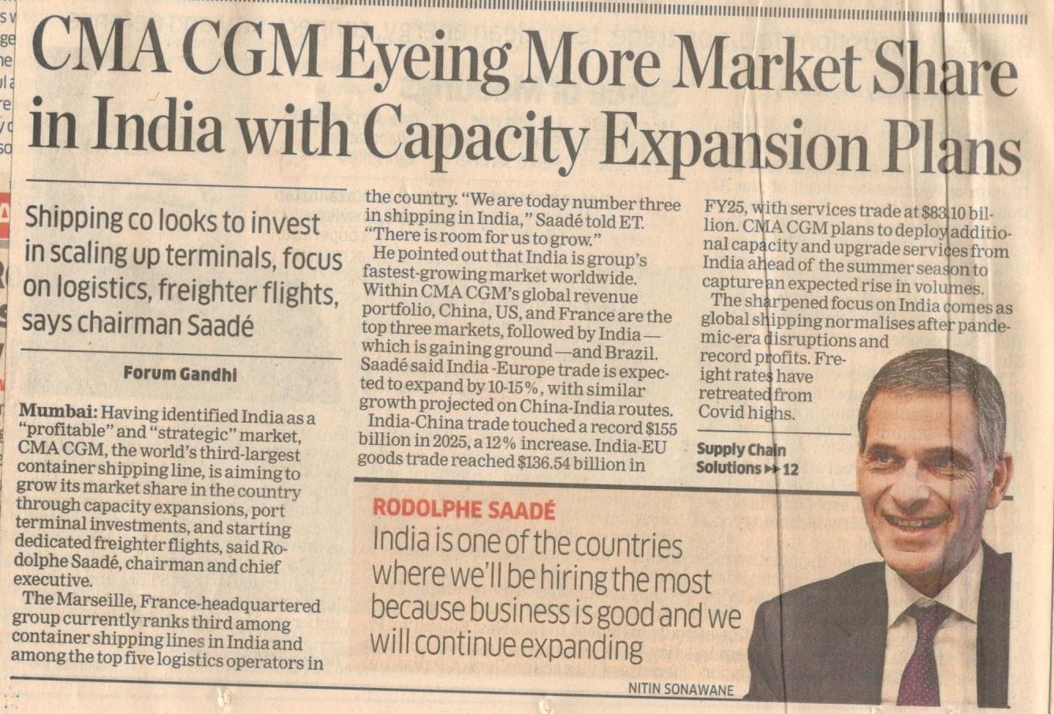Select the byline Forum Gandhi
point(180,374)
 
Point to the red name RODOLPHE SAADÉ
point(464,510)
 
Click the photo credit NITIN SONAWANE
point(680,690)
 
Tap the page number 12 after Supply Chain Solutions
point(790,469)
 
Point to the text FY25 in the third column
point(724,208)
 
